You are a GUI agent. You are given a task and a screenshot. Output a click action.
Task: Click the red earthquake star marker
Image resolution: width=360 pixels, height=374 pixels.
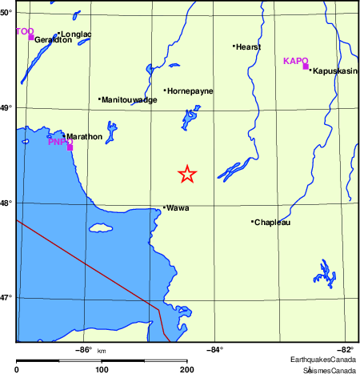pyautogui.click(x=186, y=174)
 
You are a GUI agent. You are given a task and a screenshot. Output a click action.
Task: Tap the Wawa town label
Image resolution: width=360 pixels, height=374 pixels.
pyautogui.click(x=178, y=207)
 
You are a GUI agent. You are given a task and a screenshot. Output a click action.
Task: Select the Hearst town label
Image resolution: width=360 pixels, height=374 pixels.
pyautogui.click(x=248, y=46)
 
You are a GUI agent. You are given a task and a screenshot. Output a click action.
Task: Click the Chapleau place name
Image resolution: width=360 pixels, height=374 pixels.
pyautogui.click(x=272, y=222)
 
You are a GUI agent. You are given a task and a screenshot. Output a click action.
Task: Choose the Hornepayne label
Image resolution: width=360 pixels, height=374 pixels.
pyautogui.click(x=190, y=91)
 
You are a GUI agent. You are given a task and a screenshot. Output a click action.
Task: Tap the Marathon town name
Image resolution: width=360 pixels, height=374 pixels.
pyautogui.click(x=84, y=136)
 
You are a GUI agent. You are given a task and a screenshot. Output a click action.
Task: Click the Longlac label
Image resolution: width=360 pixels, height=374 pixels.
pyautogui.click(x=76, y=34)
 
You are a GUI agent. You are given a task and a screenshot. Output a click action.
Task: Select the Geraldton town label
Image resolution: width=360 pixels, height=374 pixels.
pyautogui.click(x=53, y=39)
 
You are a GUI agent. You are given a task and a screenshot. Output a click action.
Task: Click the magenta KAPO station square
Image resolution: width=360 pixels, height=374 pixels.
pyautogui.click(x=306, y=66)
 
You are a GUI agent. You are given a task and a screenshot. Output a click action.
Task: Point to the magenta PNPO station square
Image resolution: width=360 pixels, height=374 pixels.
pyautogui.click(x=70, y=147)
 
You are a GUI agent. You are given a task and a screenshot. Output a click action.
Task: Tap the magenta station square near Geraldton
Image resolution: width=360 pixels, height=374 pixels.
pyautogui.click(x=31, y=37)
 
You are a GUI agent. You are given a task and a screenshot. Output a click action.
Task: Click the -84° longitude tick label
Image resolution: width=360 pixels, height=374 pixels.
pyautogui.click(x=215, y=349)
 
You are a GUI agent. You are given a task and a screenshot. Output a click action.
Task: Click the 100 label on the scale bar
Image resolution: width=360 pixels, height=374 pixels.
pyautogui.click(x=102, y=369)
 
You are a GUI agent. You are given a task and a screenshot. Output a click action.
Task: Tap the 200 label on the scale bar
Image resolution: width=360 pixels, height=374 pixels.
pyautogui.click(x=186, y=369)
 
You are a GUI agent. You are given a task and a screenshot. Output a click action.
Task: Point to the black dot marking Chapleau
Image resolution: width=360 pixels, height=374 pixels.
pyautogui.click(x=252, y=222)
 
